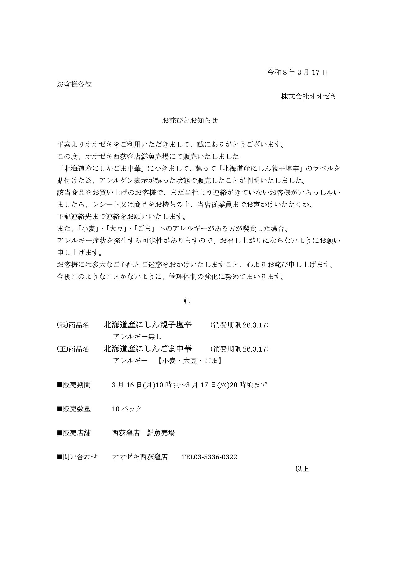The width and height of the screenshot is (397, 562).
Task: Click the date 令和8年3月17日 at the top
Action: pyautogui.click(x=297, y=73)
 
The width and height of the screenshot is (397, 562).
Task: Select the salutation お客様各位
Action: pyautogui.click(x=74, y=84)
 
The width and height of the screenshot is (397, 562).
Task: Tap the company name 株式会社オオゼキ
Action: pyautogui.click(x=309, y=97)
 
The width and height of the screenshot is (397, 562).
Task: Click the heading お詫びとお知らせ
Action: pyautogui.click(x=190, y=120)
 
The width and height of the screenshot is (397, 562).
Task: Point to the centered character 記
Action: pyautogui.click(x=186, y=301)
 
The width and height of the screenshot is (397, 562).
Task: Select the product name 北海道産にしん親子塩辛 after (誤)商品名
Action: pyautogui.click(x=148, y=325)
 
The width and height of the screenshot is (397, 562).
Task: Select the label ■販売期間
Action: pyautogui.click(x=74, y=385)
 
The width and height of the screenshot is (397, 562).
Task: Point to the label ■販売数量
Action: pyautogui.click(x=74, y=409)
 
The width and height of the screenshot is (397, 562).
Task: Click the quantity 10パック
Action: pyautogui.click(x=127, y=409)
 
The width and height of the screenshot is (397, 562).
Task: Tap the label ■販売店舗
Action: pyautogui.click(x=74, y=433)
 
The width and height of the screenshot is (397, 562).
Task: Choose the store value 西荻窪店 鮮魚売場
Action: pyautogui.click(x=143, y=433)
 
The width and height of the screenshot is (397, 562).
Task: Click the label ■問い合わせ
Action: pyautogui.click(x=77, y=457)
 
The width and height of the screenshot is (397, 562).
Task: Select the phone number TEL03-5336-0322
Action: pyautogui.click(x=209, y=457)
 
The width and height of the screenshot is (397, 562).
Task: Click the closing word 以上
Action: pyautogui.click(x=302, y=469)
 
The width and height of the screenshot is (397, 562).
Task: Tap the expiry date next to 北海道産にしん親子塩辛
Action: pyautogui.click(x=239, y=325)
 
